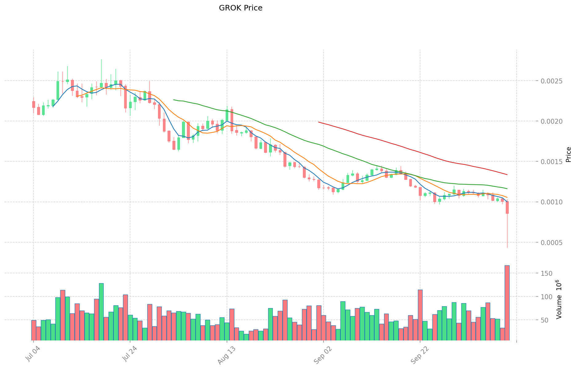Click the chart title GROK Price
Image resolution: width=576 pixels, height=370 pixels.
[240, 8]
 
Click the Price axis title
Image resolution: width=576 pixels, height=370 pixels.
[568, 155]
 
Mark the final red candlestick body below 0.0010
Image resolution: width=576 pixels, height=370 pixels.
[507, 207]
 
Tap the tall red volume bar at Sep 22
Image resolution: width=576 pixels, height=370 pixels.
[420, 315]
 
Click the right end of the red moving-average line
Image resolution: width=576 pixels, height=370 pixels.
[507, 175]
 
